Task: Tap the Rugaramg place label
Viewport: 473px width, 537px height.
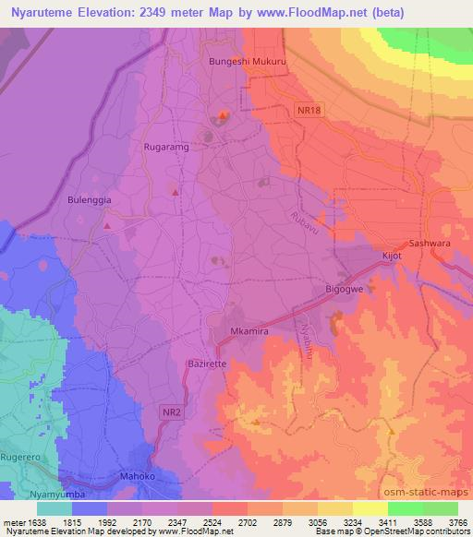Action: point(168,146)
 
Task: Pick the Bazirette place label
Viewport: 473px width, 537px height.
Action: point(207,364)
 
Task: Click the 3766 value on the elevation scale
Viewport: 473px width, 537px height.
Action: point(447,520)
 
